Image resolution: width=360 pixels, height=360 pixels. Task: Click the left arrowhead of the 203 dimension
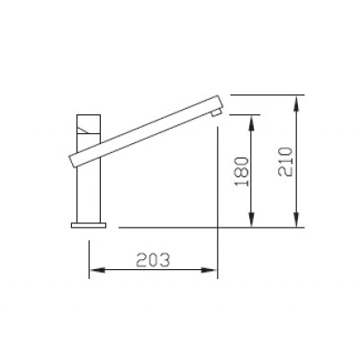click(x=96, y=269)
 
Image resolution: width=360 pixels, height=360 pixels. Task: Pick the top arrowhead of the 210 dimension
click(x=298, y=100)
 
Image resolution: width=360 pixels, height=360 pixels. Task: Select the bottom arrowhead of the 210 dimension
click(x=298, y=221)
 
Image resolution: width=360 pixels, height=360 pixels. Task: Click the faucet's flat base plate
click(x=88, y=225)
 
